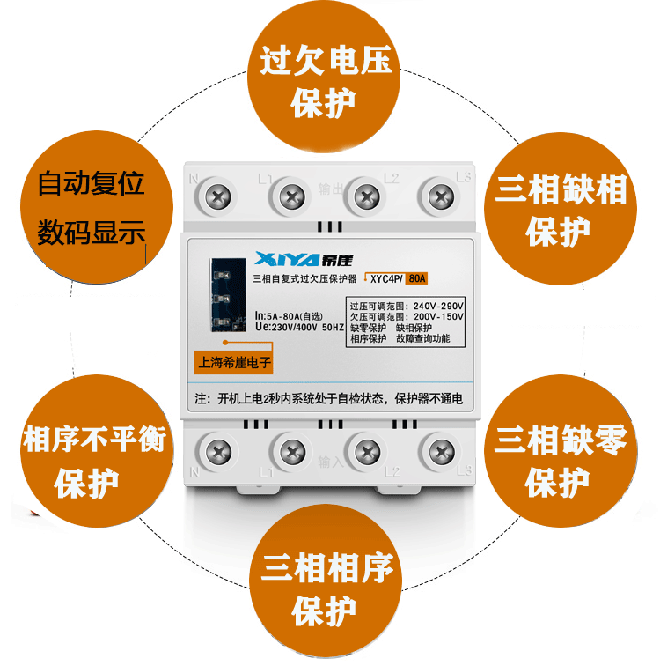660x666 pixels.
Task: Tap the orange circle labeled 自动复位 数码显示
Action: (x=97, y=207)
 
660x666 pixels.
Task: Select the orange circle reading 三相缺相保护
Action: (x=561, y=208)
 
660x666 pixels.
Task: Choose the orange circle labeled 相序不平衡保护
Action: (x=97, y=451)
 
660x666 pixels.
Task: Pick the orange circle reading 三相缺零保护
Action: (x=561, y=451)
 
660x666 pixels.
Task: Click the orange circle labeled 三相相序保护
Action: (x=326, y=581)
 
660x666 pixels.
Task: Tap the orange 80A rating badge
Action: (x=416, y=278)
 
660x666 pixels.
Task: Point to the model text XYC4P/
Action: (x=386, y=279)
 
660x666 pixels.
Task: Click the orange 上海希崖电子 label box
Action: (x=233, y=362)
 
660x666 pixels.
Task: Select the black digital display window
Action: (x=228, y=295)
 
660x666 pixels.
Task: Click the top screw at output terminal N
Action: (x=217, y=197)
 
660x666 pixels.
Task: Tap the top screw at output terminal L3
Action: (x=441, y=197)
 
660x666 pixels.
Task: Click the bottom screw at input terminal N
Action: (x=218, y=452)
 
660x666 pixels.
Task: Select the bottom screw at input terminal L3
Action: (x=442, y=452)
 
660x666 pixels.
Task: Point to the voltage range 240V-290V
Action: (x=438, y=306)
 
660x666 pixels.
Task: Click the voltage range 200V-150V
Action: (x=438, y=317)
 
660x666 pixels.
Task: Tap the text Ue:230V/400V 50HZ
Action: (x=299, y=327)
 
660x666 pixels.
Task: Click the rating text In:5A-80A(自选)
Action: (x=289, y=316)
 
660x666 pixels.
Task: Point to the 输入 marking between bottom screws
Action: (x=330, y=462)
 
